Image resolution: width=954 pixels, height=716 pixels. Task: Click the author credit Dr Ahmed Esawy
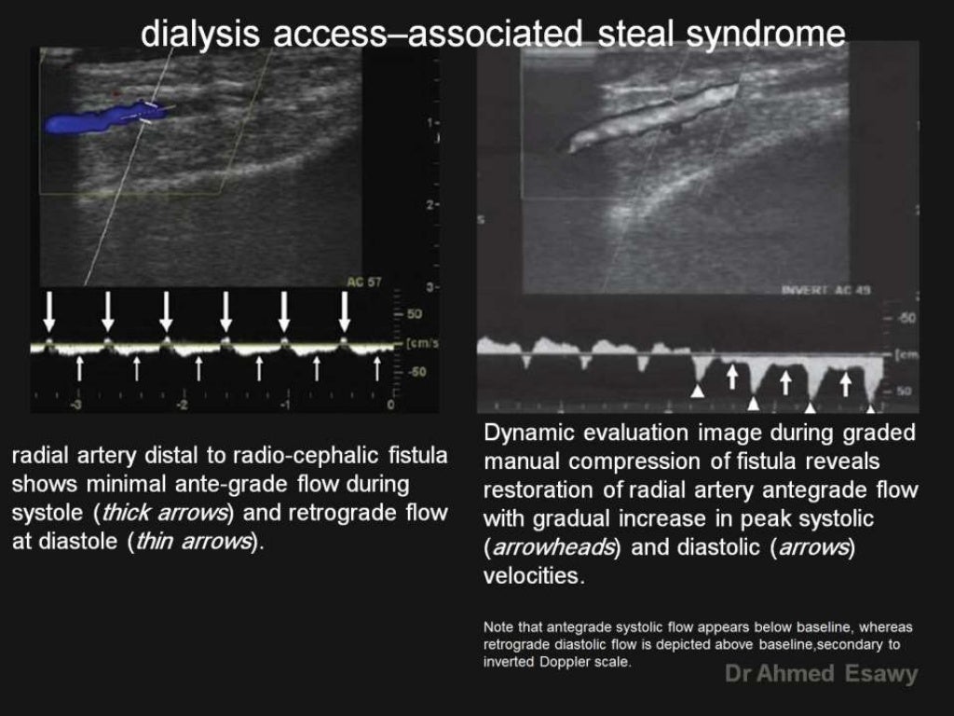tap(821, 674)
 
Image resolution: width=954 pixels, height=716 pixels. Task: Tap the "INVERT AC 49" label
tap(825, 290)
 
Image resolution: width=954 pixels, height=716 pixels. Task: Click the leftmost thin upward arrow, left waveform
tap(80, 367)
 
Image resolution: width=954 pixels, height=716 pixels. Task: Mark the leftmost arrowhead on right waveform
tap(697, 391)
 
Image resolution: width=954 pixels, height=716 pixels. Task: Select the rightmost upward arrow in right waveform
tap(846, 381)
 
